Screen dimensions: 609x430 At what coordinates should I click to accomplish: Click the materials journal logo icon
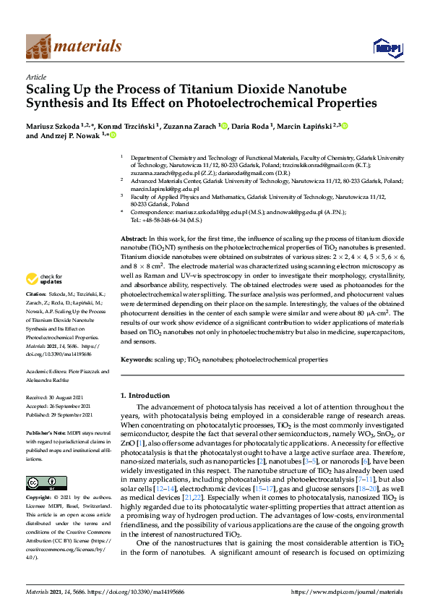click(38, 46)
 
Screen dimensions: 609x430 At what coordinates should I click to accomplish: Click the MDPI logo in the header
click(383, 48)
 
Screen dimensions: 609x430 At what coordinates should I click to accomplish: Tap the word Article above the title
click(35, 76)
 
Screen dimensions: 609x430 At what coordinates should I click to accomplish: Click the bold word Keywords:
click(139, 359)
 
